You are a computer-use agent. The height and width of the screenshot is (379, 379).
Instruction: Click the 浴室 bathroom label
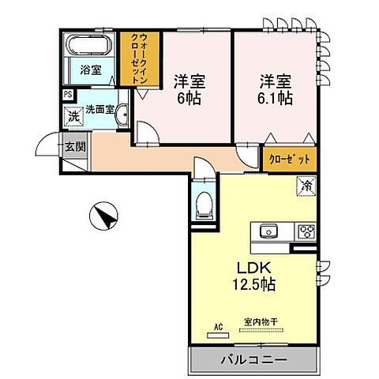(90, 69)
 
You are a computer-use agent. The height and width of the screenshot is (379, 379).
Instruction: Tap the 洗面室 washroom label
(100, 110)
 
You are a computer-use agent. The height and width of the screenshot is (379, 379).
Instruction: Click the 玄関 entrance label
(74, 146)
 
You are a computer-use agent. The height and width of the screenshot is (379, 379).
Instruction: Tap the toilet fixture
(203, 205)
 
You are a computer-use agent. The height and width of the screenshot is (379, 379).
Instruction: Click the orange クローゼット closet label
(290, 159)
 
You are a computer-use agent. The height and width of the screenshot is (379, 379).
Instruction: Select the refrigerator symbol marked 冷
(306, 186)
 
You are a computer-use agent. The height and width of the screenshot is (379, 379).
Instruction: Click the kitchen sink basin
(265, 231)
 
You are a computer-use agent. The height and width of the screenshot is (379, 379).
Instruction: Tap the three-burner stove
(305, 231)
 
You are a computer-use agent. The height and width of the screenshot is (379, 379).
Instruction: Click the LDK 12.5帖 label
(251, 274)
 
